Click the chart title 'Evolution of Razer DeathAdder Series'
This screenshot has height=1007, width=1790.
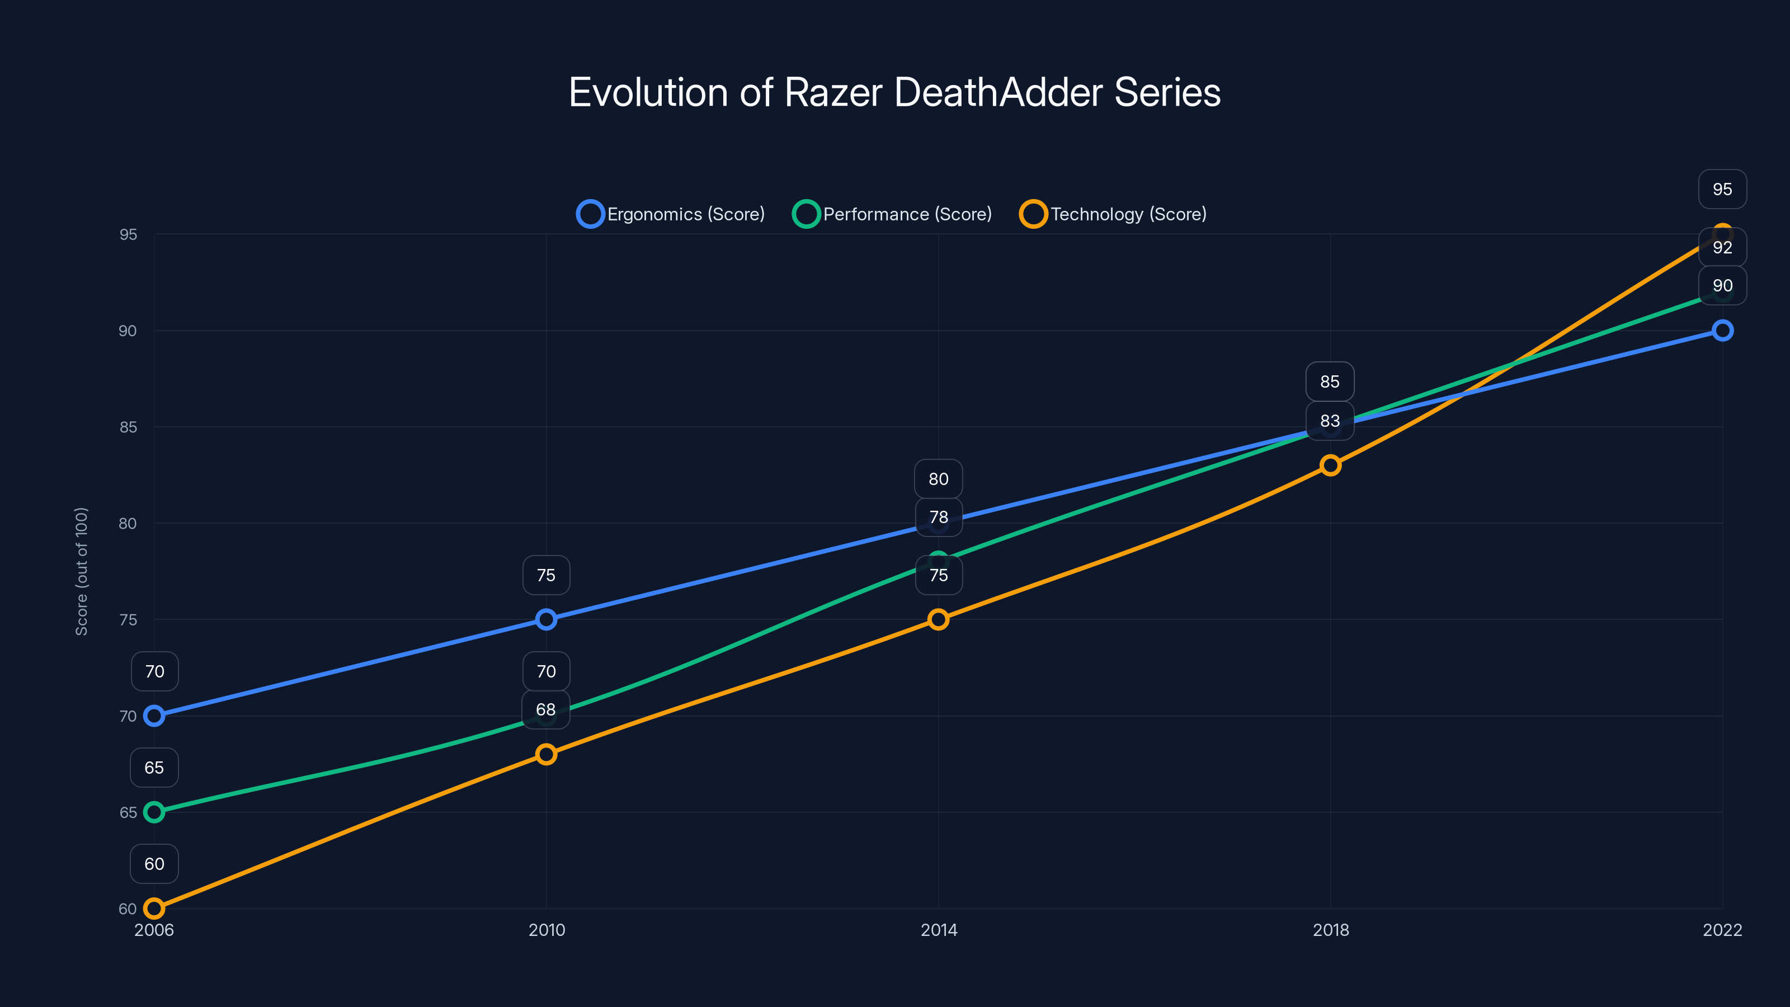click(894, 92)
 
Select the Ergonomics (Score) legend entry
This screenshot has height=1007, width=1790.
click(671, 214)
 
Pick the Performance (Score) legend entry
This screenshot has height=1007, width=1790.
click(892, 214)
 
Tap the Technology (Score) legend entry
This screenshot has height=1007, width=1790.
click(1113, 214)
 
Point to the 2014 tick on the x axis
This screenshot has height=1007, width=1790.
click(939, 930)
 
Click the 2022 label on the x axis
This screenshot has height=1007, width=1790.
click(1722, 930)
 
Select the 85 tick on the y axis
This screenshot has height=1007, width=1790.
click(128, 427)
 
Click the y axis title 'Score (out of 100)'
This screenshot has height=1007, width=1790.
click(81, 571)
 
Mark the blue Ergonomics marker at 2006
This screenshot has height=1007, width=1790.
click(154, 716)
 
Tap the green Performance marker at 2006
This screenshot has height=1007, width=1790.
click(154, 812)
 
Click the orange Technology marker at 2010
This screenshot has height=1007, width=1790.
click(546, 754)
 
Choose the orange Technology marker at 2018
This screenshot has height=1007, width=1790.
click(1330, 465)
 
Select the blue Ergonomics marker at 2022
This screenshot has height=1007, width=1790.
click(1722, 331)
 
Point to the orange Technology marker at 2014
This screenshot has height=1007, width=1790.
click(938, 619)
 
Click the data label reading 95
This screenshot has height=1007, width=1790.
click(1722, 189)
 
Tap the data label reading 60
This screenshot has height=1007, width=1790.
click(154, 864)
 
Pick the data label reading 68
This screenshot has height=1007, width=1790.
click(545, 709)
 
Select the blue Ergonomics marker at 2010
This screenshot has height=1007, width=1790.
click(546, 619)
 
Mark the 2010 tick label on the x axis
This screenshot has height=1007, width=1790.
click(546, 930)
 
